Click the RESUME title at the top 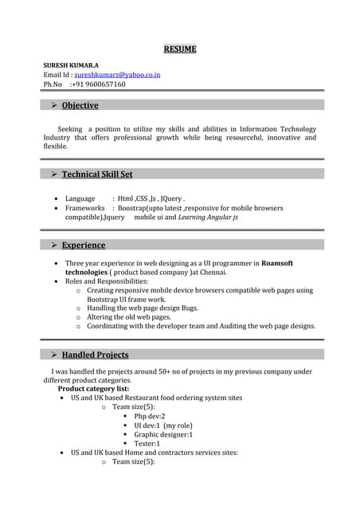180,49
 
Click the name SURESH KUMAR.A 72,64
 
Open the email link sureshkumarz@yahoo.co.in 117,74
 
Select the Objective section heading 80,105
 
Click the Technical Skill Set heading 97,174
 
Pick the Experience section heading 83,245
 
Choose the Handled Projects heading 95,355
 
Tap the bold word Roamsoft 277,262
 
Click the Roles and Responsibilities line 107,281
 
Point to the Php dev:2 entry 149,416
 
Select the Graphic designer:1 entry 163,434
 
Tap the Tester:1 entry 147,443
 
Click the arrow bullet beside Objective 54,105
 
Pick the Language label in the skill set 80,198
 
